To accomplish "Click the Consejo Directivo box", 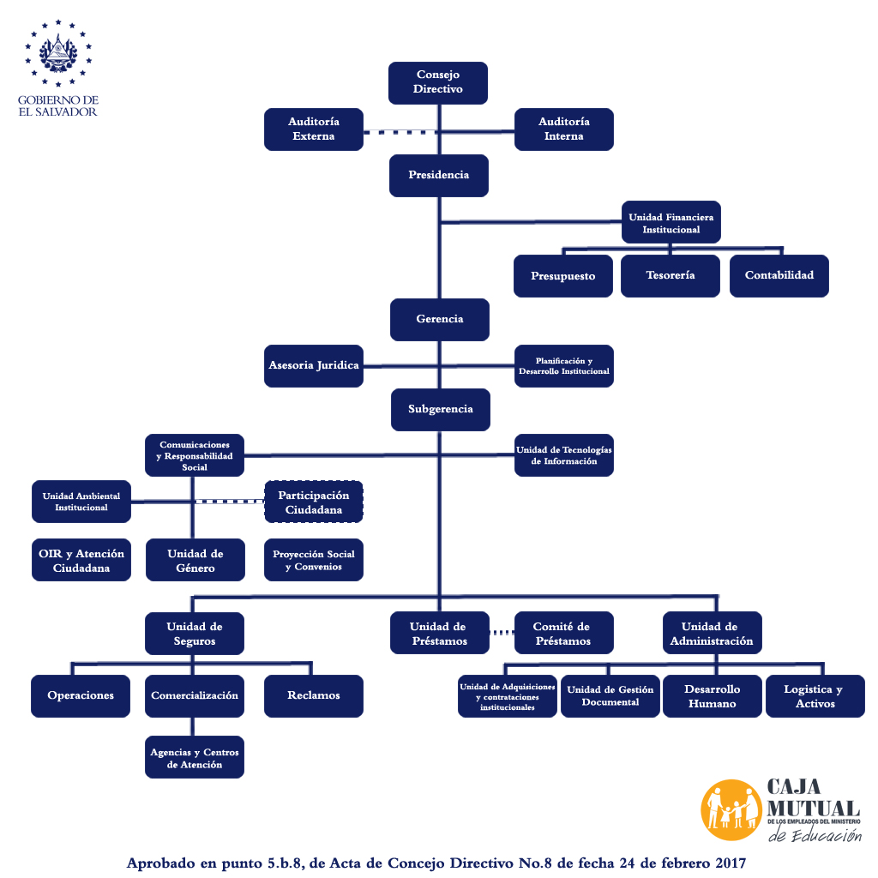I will click(438, 82).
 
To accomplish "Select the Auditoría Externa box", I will click(313, 129).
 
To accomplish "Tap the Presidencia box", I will click(438, 175).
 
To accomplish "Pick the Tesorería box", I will click(670, 276).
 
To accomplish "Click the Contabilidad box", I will click(779, 276).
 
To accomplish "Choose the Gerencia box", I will click(440, 319).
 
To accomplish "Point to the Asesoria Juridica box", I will click(313, 365).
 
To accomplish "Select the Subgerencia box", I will click(440, 409).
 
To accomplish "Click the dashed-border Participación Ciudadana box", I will click(314, 502).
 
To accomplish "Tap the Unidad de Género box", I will click(195, 561).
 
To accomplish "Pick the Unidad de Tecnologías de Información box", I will click(563, 455).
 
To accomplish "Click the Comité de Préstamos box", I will click(563, 634).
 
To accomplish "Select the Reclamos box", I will click(314, 695).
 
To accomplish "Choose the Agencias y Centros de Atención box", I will click(195, 758).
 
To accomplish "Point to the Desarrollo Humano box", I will click(712, 696).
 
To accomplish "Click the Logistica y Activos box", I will click(813, 696).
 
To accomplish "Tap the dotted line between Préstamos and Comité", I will click(502, 634).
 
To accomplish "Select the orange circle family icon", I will click(731, 810).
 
